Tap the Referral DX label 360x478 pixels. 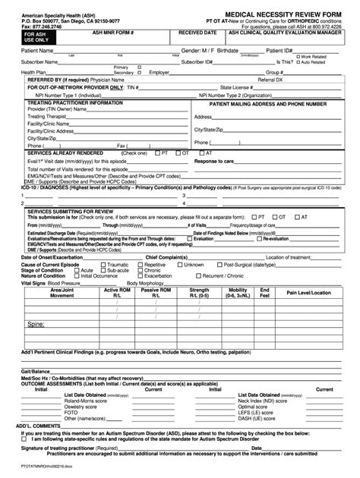tap(273, 79)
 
